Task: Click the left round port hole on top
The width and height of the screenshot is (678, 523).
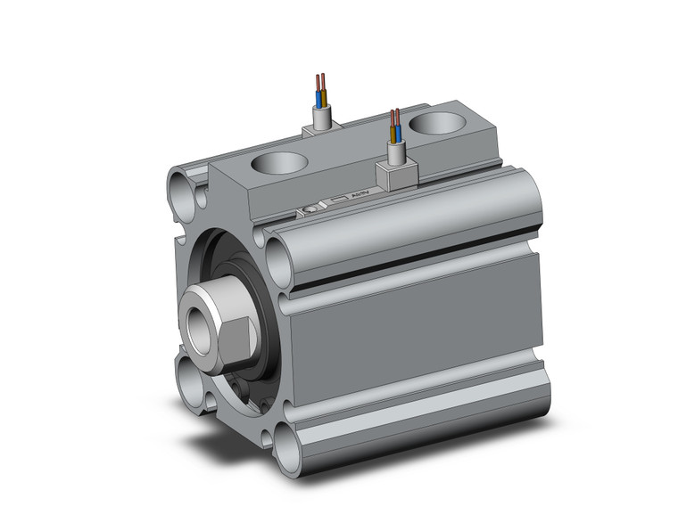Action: (x=281, y=164)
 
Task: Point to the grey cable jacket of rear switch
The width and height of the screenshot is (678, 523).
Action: (x=321, y=117)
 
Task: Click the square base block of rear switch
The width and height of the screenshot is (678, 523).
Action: (x=319, y=131)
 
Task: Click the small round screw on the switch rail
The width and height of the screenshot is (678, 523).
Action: (x=307, y=210)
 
